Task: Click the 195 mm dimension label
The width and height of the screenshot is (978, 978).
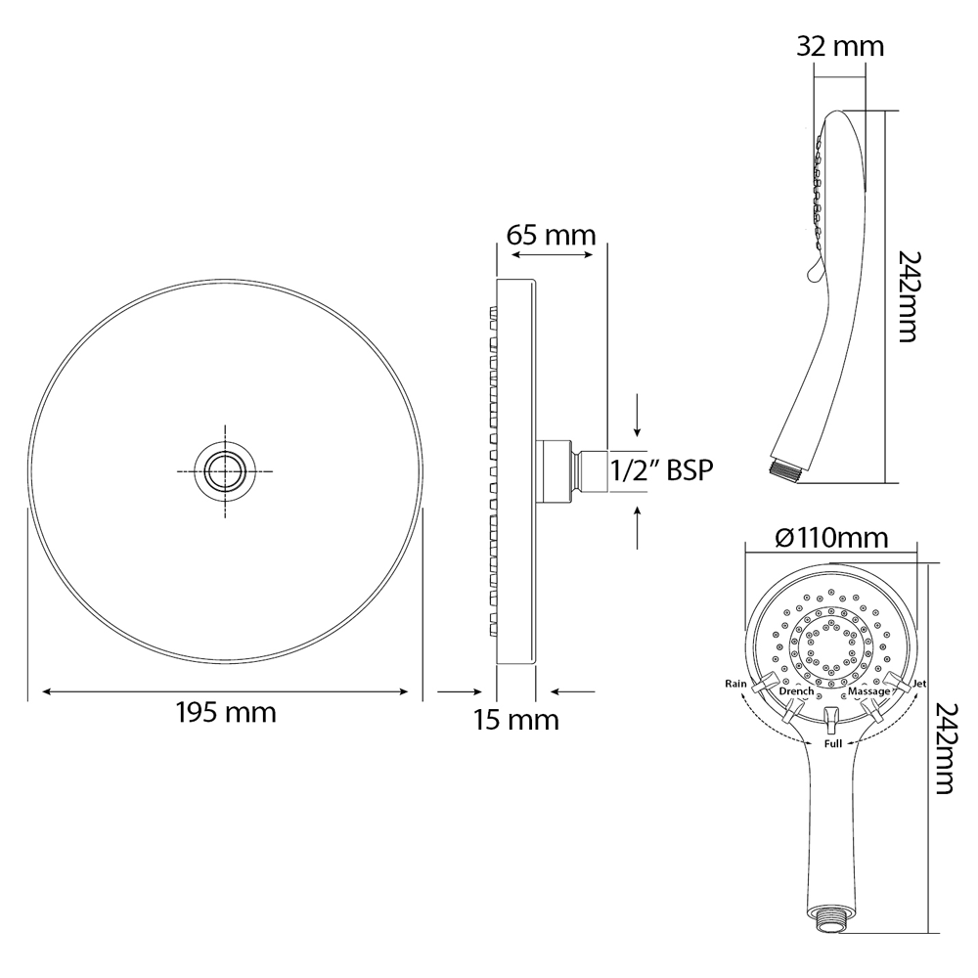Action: [225, 713]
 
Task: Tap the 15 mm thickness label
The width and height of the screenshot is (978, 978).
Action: [515, 721]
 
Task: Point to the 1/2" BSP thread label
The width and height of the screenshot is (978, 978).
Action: [661, 470]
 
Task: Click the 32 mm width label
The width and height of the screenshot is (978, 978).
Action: [840, 46]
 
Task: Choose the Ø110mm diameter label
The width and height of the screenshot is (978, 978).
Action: [831, 538]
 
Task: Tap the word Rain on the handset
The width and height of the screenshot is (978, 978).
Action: [735, 683]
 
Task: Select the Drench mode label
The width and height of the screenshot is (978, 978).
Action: [797, 692]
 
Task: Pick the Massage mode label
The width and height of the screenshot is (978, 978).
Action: [868, 692]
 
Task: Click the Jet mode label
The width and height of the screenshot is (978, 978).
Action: [918, 683]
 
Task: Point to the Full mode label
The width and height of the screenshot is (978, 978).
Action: [832, 744]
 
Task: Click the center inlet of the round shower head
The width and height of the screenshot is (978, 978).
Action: [225, 470]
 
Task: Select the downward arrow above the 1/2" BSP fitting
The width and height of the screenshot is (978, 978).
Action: [638, 416]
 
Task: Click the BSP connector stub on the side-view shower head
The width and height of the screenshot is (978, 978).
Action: [590, 470]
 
